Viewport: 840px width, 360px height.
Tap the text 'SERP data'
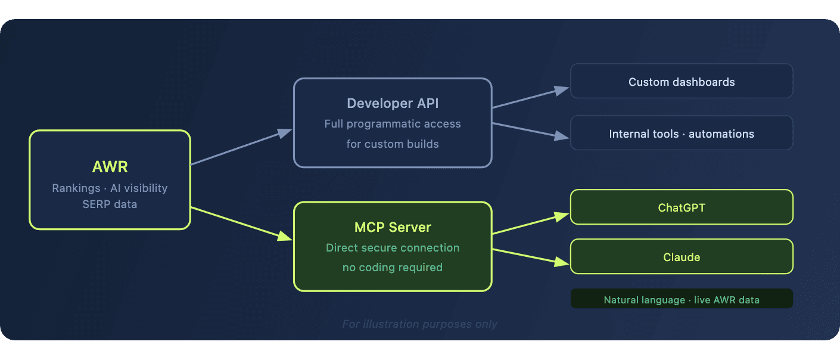click(110, 204)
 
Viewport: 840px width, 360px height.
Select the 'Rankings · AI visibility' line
click(110, 188)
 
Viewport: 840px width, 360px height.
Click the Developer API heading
click(393, 103)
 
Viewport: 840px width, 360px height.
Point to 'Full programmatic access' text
click(393, 124)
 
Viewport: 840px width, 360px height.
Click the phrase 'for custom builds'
click(393, 144)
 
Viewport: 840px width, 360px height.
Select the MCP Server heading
click(393, 227)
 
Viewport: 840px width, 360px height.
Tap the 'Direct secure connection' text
click(393, 247)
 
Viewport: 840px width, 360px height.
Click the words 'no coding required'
click(393, 267)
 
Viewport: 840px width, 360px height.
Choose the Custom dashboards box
click(682, 82)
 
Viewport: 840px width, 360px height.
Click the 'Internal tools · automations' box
click(682, 134)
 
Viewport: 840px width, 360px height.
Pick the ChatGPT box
click(682, 207)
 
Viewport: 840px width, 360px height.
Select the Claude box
click(682, 257)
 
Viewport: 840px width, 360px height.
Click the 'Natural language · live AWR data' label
click(682, 299)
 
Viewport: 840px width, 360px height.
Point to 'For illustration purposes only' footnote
click(419, 324)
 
